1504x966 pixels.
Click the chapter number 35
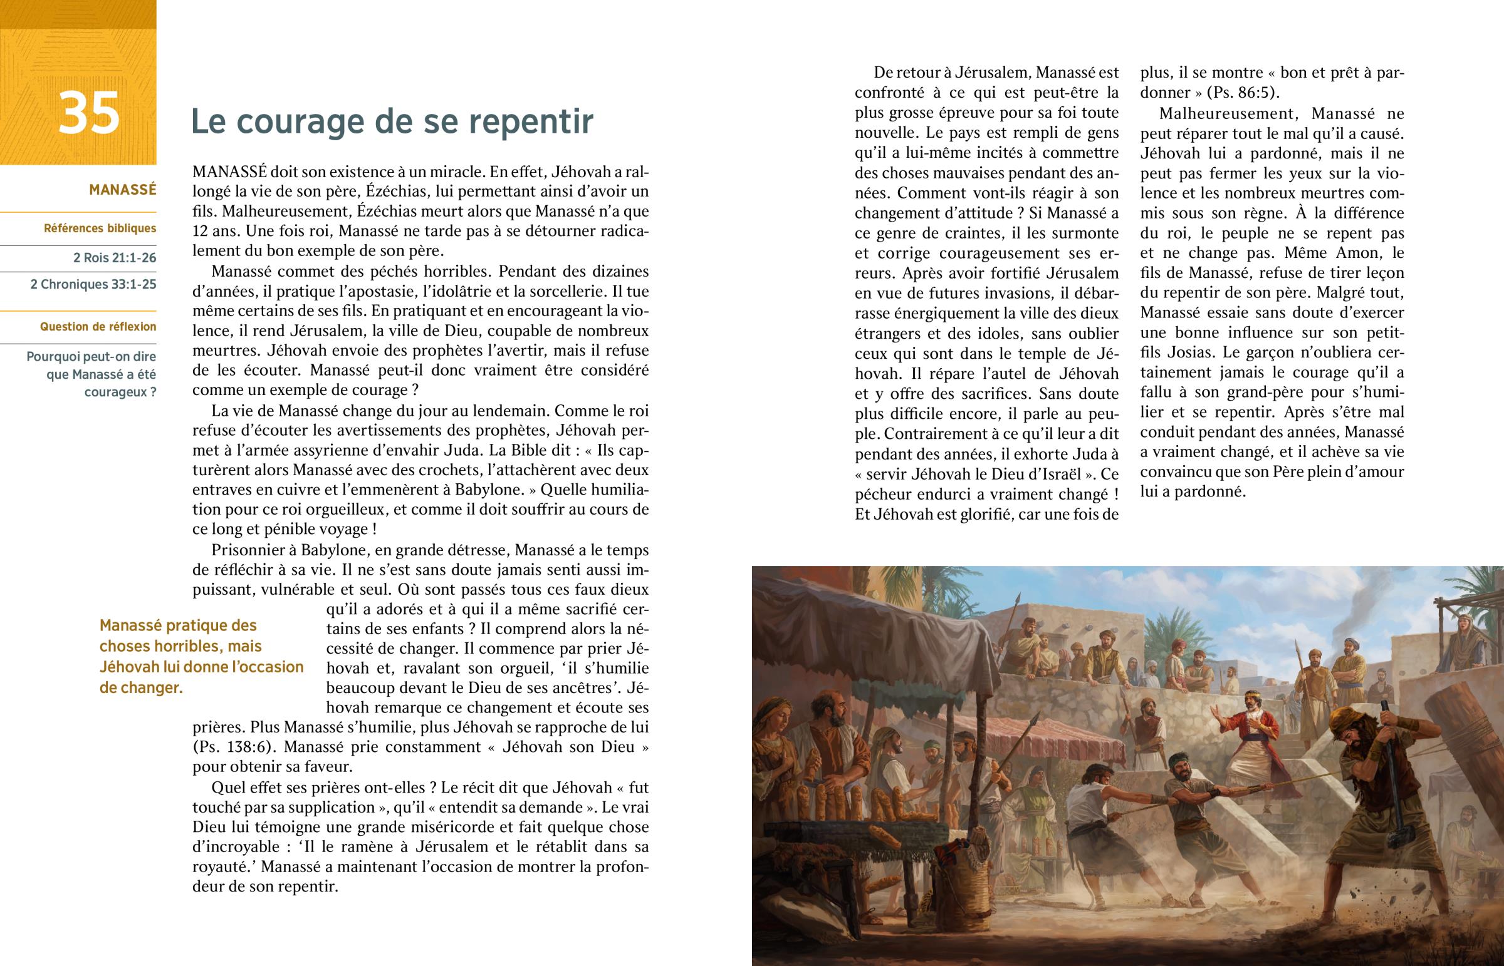pyautogui.click(x=88, y=113)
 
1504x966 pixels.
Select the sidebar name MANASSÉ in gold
pyautogui.click(x=122, y=190)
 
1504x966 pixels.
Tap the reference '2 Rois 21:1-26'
pyautogui.click(x=114, y=258)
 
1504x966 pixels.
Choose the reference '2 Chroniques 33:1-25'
pyautogui.click(x=93, y=284)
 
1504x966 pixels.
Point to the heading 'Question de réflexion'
pyautogui.click(x=98, y=327)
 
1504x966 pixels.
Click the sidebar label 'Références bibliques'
pyautogui.click(x=100, y=229)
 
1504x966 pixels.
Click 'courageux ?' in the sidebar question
pyautogui.click(x=120, y=393)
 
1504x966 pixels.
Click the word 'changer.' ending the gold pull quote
pyautogui.click(x=140, y=687)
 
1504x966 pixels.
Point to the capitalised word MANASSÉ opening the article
pyautogui.click(x=230, y=172)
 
